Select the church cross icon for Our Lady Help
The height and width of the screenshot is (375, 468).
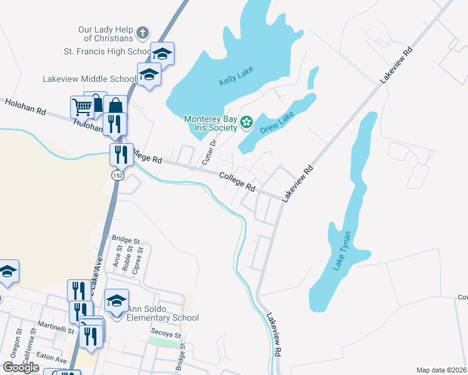(143, 32)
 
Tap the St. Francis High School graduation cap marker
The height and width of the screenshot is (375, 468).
(162, 54)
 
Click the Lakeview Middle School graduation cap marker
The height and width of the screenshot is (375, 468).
(149, 75)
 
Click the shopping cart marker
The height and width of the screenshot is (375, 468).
(82, 107)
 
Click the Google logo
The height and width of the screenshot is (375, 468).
(21, 367)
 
